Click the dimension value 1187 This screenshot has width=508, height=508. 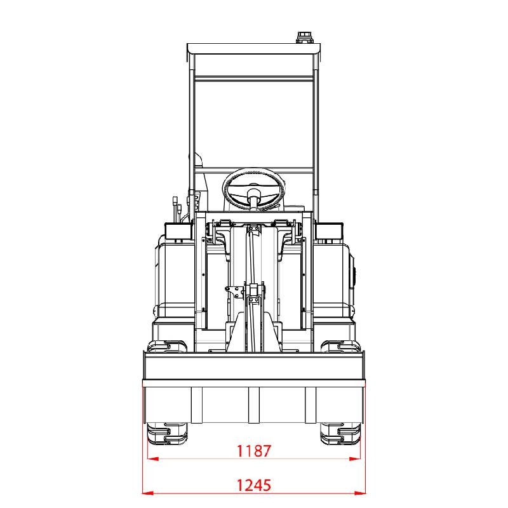pos(253,451)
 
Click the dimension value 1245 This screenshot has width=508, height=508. pos(253,485)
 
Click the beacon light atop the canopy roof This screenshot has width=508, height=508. pos(304,37)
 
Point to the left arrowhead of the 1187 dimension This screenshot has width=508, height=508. pos(153,458)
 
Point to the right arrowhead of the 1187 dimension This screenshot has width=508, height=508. pos(355,458)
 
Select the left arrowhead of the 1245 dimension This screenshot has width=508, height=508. pos(148,493)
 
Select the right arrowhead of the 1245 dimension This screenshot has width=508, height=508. pos(360,493)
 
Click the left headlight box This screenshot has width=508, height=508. pos(178,231)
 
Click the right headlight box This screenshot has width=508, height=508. pos(330,231)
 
